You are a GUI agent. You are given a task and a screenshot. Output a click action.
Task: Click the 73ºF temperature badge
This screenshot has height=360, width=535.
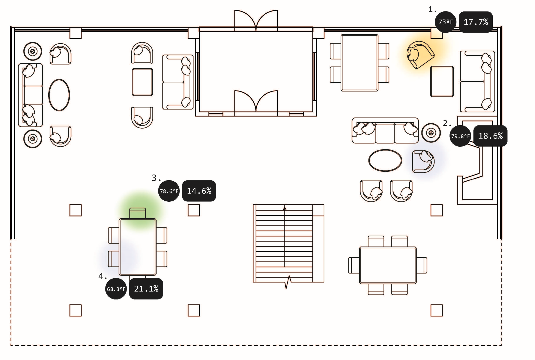coord(445,22)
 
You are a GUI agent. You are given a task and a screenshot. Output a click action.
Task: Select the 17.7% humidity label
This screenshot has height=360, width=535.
coord(475,22)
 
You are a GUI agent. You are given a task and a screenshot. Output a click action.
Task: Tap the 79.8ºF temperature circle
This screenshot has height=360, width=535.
coord(460,136)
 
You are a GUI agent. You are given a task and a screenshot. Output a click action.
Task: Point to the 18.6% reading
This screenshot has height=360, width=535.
coord(490,136)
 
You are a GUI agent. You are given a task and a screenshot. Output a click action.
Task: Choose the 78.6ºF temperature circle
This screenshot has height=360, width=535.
coord(169,191)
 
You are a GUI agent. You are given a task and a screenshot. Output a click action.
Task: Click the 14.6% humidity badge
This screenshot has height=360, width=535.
coord(199,191)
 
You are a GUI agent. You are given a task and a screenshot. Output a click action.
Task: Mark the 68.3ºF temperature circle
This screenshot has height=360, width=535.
coord(116,289)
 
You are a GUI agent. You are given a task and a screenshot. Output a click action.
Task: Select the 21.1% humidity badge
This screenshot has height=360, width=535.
coord(146,289)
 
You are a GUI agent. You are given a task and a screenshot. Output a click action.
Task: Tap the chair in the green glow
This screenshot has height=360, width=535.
coord(138,213)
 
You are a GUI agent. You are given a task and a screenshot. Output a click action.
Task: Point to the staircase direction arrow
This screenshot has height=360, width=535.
coord(285,208)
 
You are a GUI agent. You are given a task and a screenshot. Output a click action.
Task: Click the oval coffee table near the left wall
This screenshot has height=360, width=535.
coord(59,95)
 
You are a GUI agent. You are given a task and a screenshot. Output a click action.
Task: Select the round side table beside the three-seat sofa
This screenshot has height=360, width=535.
coord(431,133)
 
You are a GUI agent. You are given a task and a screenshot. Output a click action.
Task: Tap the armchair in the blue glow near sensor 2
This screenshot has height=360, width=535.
coord(423,161)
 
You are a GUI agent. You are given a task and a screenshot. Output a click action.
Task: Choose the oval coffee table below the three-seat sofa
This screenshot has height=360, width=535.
coord(385,160)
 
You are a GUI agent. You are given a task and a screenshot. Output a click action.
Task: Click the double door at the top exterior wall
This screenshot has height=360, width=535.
coord(256,21)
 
